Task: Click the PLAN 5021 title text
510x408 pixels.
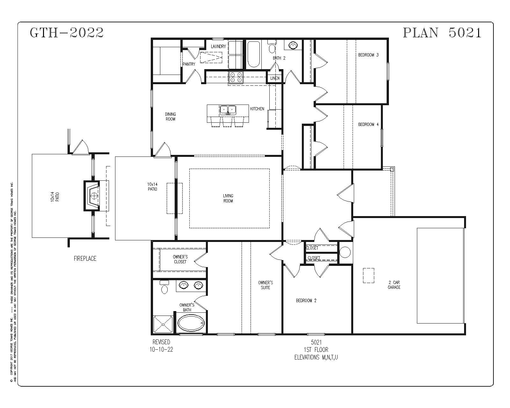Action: pos(442,33)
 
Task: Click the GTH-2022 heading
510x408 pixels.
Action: pos(67,33)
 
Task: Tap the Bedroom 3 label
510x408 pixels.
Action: pos(368,55)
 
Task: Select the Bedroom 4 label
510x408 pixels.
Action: pos(368,124)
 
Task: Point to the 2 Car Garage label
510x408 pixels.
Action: pos(394,285)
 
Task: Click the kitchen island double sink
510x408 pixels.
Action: pos(228,110)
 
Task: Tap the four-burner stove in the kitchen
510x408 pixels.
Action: pos(236,77)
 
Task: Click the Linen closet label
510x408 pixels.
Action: pos(275,78)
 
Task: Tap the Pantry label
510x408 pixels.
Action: pos(189,64)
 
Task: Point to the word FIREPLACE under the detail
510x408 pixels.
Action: pos(85,259)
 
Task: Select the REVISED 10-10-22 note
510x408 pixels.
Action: pos(161,346)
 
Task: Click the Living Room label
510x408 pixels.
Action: pos(228,198)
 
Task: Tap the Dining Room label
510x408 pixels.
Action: pos(170,117)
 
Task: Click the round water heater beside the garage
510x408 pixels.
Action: pos(345,252)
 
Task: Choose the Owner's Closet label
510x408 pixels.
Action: pos(180,259)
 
